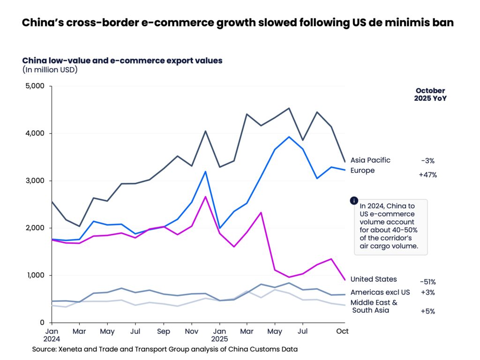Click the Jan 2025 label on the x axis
click(x=219, y=334)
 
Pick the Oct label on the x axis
click(x=343, y=331)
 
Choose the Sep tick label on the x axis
click(x=163, y=331)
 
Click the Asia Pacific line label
click(x=370, y=160)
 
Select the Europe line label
click(x=363, y=171)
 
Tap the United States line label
click(x=374, y=279)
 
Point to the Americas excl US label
click(x=380, y=292)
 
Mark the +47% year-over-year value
click(x=427, y=175)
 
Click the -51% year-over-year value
click(x=427, y=282)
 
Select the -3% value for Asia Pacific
click(x=428, y=161)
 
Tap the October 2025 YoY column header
click(x=430, y=95)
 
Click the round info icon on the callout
click(x=354, y=201)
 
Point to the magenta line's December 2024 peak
click(x=205, y=196)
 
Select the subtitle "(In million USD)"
click(x=50, y=70)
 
